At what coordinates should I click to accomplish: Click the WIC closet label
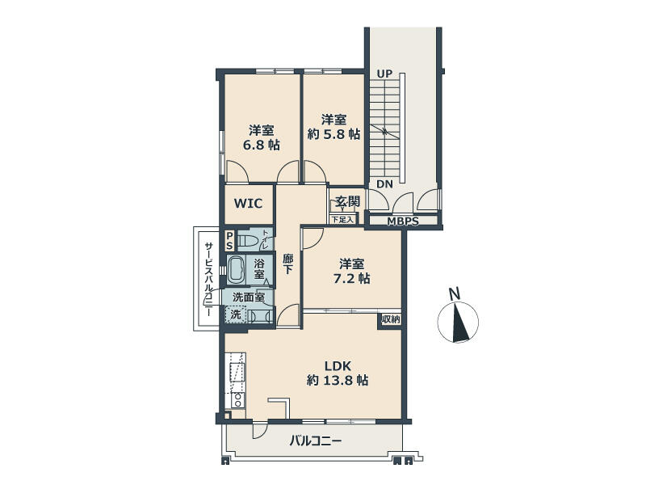[x=248, y=204]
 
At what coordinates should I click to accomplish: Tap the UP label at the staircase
[x=384, y=74]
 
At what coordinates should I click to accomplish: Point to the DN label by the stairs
[x=385, y=184]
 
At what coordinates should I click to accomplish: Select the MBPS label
[x=402, y=221]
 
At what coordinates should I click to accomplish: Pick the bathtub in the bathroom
[x=236, y=270]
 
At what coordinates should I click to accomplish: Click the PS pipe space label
[x=229, y=241]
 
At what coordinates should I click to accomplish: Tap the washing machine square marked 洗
[x=235, y=314]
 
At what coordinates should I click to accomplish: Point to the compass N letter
[x=455, y=293]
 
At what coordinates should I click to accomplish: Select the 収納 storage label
[x=391, y=319]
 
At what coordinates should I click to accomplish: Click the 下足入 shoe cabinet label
[x=342, y=219]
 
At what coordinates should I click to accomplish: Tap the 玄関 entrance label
[x=347, y=201]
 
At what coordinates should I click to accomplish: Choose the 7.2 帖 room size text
[x=351, y=279]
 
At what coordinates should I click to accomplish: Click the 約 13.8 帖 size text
[x=338, y=380]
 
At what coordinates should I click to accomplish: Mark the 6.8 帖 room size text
[x=261, y=145]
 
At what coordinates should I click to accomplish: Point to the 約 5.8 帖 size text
[x=334, y=134]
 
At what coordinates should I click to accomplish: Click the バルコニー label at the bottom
[x=315, y=441]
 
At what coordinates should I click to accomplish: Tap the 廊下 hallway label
[x=287, y=264]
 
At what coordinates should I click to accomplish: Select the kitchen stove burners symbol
[x=237, y=399]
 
